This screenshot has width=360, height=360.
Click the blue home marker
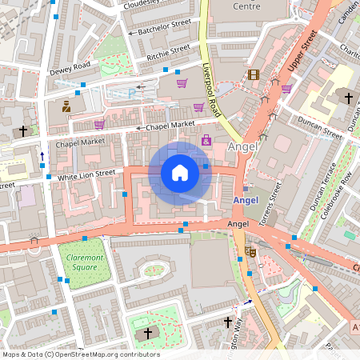[180, 173]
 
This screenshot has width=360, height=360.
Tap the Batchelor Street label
[164, 27]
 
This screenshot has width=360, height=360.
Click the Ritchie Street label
[168, 53]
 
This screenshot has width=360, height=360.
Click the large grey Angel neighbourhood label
[243, 146]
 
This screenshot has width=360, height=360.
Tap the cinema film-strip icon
[254, 75]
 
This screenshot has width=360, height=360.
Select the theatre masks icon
[250, 251]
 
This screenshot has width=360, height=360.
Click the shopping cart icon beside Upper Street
[286, 89]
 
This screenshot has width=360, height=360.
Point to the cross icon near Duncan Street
[348, 98]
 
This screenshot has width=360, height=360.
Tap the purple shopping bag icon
[206, 140]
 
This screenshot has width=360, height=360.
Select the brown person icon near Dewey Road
[66, 105]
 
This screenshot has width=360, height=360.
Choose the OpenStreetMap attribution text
[81, 354]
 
